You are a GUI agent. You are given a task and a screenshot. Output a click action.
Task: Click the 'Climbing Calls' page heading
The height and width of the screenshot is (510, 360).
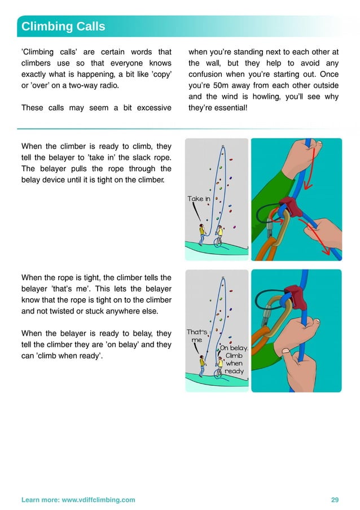(63, 27)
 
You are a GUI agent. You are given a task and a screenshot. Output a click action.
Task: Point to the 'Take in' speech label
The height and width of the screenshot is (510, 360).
(199, 199)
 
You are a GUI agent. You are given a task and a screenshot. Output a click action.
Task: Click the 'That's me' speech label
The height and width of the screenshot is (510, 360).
(196, 336)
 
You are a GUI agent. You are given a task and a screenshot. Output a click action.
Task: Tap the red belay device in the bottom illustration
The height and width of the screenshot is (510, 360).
(294, 294)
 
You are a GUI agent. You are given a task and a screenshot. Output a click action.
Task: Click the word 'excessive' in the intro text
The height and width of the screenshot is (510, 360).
(153, 108)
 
